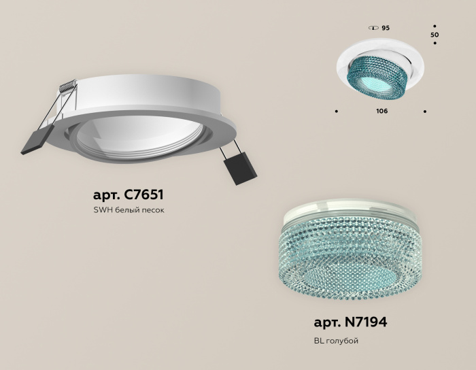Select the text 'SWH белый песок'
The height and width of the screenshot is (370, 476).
click(x=129, y=210)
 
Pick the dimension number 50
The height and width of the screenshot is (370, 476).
click(x=435, y=34)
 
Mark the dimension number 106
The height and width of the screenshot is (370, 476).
click(x=381, y=110)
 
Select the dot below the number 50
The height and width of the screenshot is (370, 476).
click(x=435, y=44)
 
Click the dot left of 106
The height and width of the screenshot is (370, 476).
click(x=337, y=110)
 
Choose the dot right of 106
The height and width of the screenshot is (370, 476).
click(x=426, y=110)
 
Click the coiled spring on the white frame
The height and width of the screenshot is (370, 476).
click(x=66, y=87)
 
